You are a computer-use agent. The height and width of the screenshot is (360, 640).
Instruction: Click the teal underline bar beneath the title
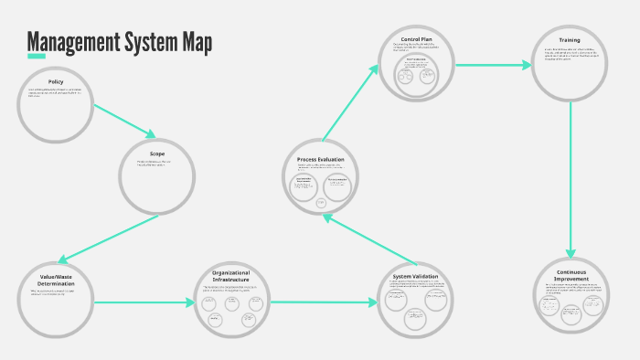click(x=37, y=57)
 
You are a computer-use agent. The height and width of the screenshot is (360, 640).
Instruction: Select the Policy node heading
click(x=56, y=82)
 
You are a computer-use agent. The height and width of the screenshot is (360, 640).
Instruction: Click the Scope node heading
click(x=157, y=154)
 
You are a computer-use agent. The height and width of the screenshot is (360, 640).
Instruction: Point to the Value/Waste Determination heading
click(x=57, y=280)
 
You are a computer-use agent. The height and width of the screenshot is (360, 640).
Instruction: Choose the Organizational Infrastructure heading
click(x=230, y=276)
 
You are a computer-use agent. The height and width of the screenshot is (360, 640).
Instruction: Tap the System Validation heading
click(x=415, y=277)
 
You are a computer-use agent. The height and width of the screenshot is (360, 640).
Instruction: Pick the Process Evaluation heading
click(x=320, y=160)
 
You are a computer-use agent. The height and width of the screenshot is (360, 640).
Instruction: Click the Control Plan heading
click(x=416, y=38)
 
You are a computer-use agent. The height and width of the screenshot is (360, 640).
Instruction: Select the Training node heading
click(x=570, y=40)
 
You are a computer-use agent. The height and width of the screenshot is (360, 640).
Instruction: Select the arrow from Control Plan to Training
click(x=494, y=65)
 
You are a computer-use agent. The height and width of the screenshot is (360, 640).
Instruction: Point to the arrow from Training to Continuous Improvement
click(x=571, y=178)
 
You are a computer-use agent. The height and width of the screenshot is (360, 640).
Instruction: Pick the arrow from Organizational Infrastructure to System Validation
click(x=325, y=302)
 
